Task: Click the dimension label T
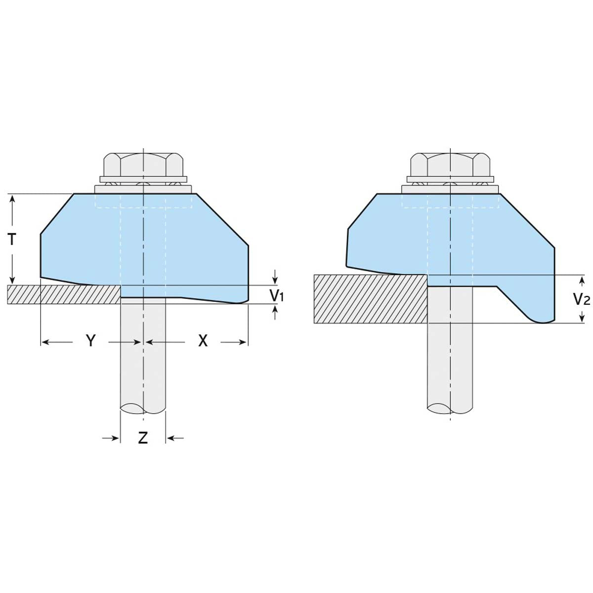(x=12, y=240)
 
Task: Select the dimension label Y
(x=90, y=340)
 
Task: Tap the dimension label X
(x=203, y=340)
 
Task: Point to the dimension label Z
(x=143, y=437)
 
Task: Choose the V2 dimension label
(x=583, y=299)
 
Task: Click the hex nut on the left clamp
(x=143, y=164)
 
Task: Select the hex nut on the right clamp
(x=450, y=164)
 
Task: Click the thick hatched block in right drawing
(x=371, y=299)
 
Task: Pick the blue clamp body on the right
(x=455, y=237)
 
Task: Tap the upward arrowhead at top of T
(x=12, y=198)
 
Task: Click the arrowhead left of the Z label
(x=115, y=437)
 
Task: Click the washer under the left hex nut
(x=143, y=178)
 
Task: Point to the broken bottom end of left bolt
(x=143, y=409)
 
